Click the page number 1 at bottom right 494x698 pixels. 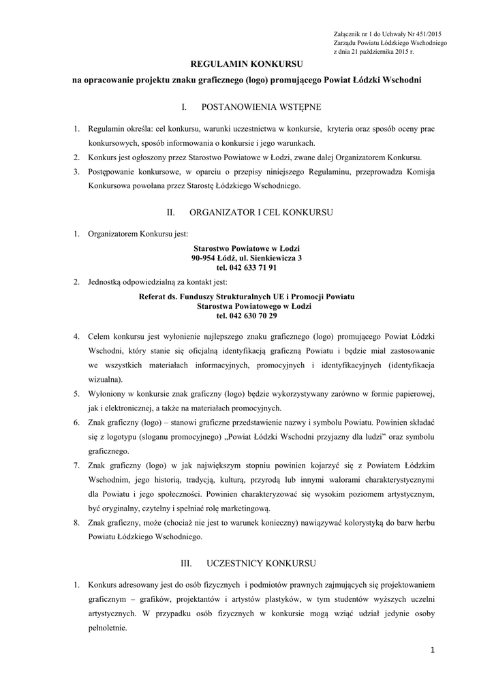click(x=431, y=650)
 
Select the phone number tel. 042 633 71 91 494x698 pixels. click(x=247, y=268)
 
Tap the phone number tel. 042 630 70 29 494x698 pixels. click(x=247, y=316)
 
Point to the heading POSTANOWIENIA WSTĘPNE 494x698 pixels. click(x=257, y=107)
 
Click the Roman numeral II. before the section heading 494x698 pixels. click(x=171, y=213)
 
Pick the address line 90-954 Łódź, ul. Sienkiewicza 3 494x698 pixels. click(x=247, y=258)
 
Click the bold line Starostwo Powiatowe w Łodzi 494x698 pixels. click(x=247, y=249)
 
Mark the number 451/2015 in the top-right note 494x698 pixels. click(x=427, y=33)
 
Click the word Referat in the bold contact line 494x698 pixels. click(x=152, y=297)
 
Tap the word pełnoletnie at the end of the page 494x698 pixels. click(x=108, y=628)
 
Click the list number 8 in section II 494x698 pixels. click(x=76, y=523)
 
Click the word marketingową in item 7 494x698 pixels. click(x=244, y=508)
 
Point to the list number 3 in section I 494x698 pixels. click(x=76, y=172)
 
